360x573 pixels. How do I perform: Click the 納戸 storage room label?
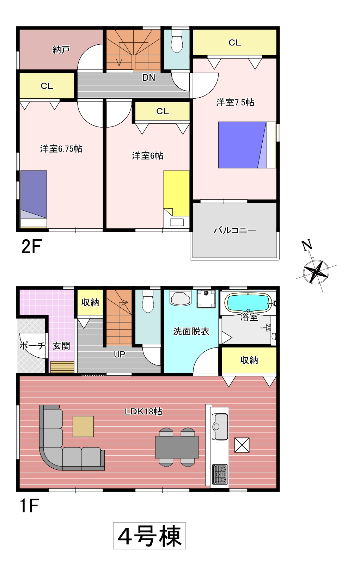coord(61,50)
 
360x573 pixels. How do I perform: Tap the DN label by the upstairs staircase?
coord(149,78)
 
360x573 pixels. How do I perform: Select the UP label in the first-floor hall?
coord(120,354)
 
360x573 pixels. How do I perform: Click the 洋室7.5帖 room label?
coord(235,102)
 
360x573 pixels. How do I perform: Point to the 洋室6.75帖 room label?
coord(61,149)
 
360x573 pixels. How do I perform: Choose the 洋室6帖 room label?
coord(148,155)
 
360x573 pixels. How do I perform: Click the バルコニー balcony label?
coord(234,230)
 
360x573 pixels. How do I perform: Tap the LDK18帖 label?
coord(143,411)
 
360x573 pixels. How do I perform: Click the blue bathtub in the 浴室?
coord(248,303)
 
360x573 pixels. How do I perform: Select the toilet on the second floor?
coord(177,42)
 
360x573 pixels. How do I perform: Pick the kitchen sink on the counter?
coord(220,426)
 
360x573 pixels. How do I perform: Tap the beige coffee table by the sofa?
coord(83,426)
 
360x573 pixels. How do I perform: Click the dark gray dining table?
coord(177,447)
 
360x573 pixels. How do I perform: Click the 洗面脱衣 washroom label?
coord(191,332)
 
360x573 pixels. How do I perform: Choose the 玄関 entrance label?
coord(61,346)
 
